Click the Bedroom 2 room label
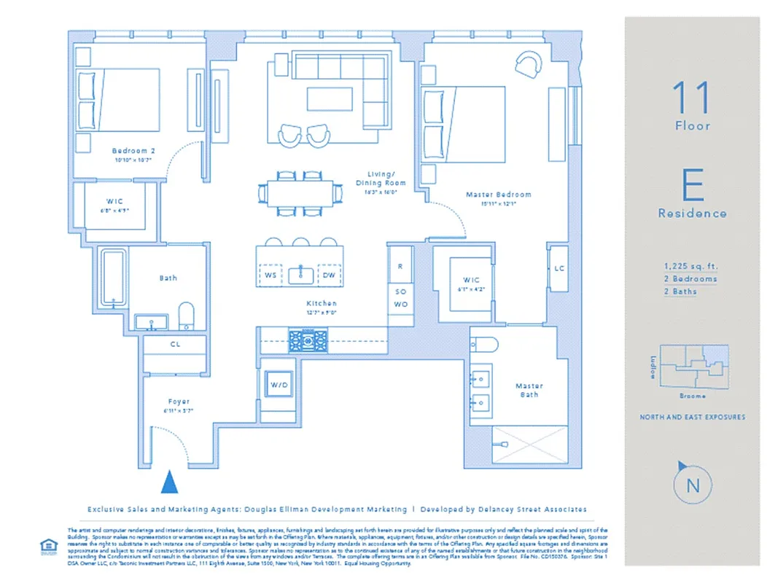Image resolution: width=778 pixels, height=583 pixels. [x=133, y=151]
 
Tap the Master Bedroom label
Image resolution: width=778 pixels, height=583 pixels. [x=499, y=195]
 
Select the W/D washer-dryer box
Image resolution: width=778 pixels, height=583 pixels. [x=279, y=385]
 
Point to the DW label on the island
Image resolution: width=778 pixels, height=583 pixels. [x=329, y=275]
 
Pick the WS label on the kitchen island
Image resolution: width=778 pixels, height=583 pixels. [x=271, y=275]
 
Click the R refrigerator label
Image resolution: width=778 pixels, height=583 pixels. [x=400, y=267]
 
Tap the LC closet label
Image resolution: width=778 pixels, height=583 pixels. [x=559, y=268]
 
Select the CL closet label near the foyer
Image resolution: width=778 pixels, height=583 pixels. [x=175, y=344]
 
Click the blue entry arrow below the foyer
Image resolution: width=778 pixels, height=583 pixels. [x=169, y=482]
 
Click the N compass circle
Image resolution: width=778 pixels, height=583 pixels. [x=692, y=486]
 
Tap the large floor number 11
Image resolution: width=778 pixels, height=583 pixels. [x=691, y=96]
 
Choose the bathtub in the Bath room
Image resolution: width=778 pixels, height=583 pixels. [x=112, y=278]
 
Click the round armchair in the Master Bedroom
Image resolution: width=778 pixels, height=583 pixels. [x=527, y=64]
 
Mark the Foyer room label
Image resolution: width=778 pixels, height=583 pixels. [x=178, y=402]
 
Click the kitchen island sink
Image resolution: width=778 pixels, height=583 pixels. [x=300, y=275]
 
